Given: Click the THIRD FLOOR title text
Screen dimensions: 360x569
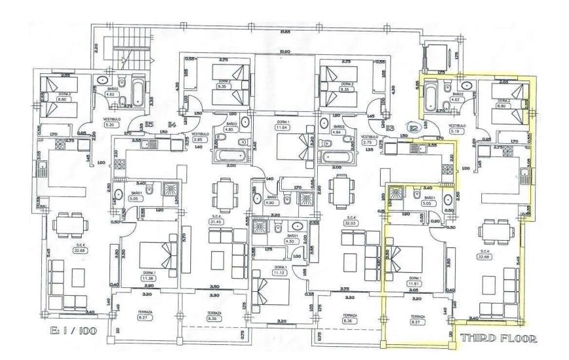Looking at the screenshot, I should point(500,339).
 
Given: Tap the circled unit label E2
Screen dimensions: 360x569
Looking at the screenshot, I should point(413,128).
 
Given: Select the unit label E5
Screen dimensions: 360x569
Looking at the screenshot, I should point(150,124).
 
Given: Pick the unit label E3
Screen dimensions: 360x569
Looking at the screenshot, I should point(390,128).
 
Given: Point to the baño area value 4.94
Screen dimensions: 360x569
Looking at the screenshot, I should point(338,132).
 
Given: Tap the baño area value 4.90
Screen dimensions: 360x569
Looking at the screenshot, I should point(270,202).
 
